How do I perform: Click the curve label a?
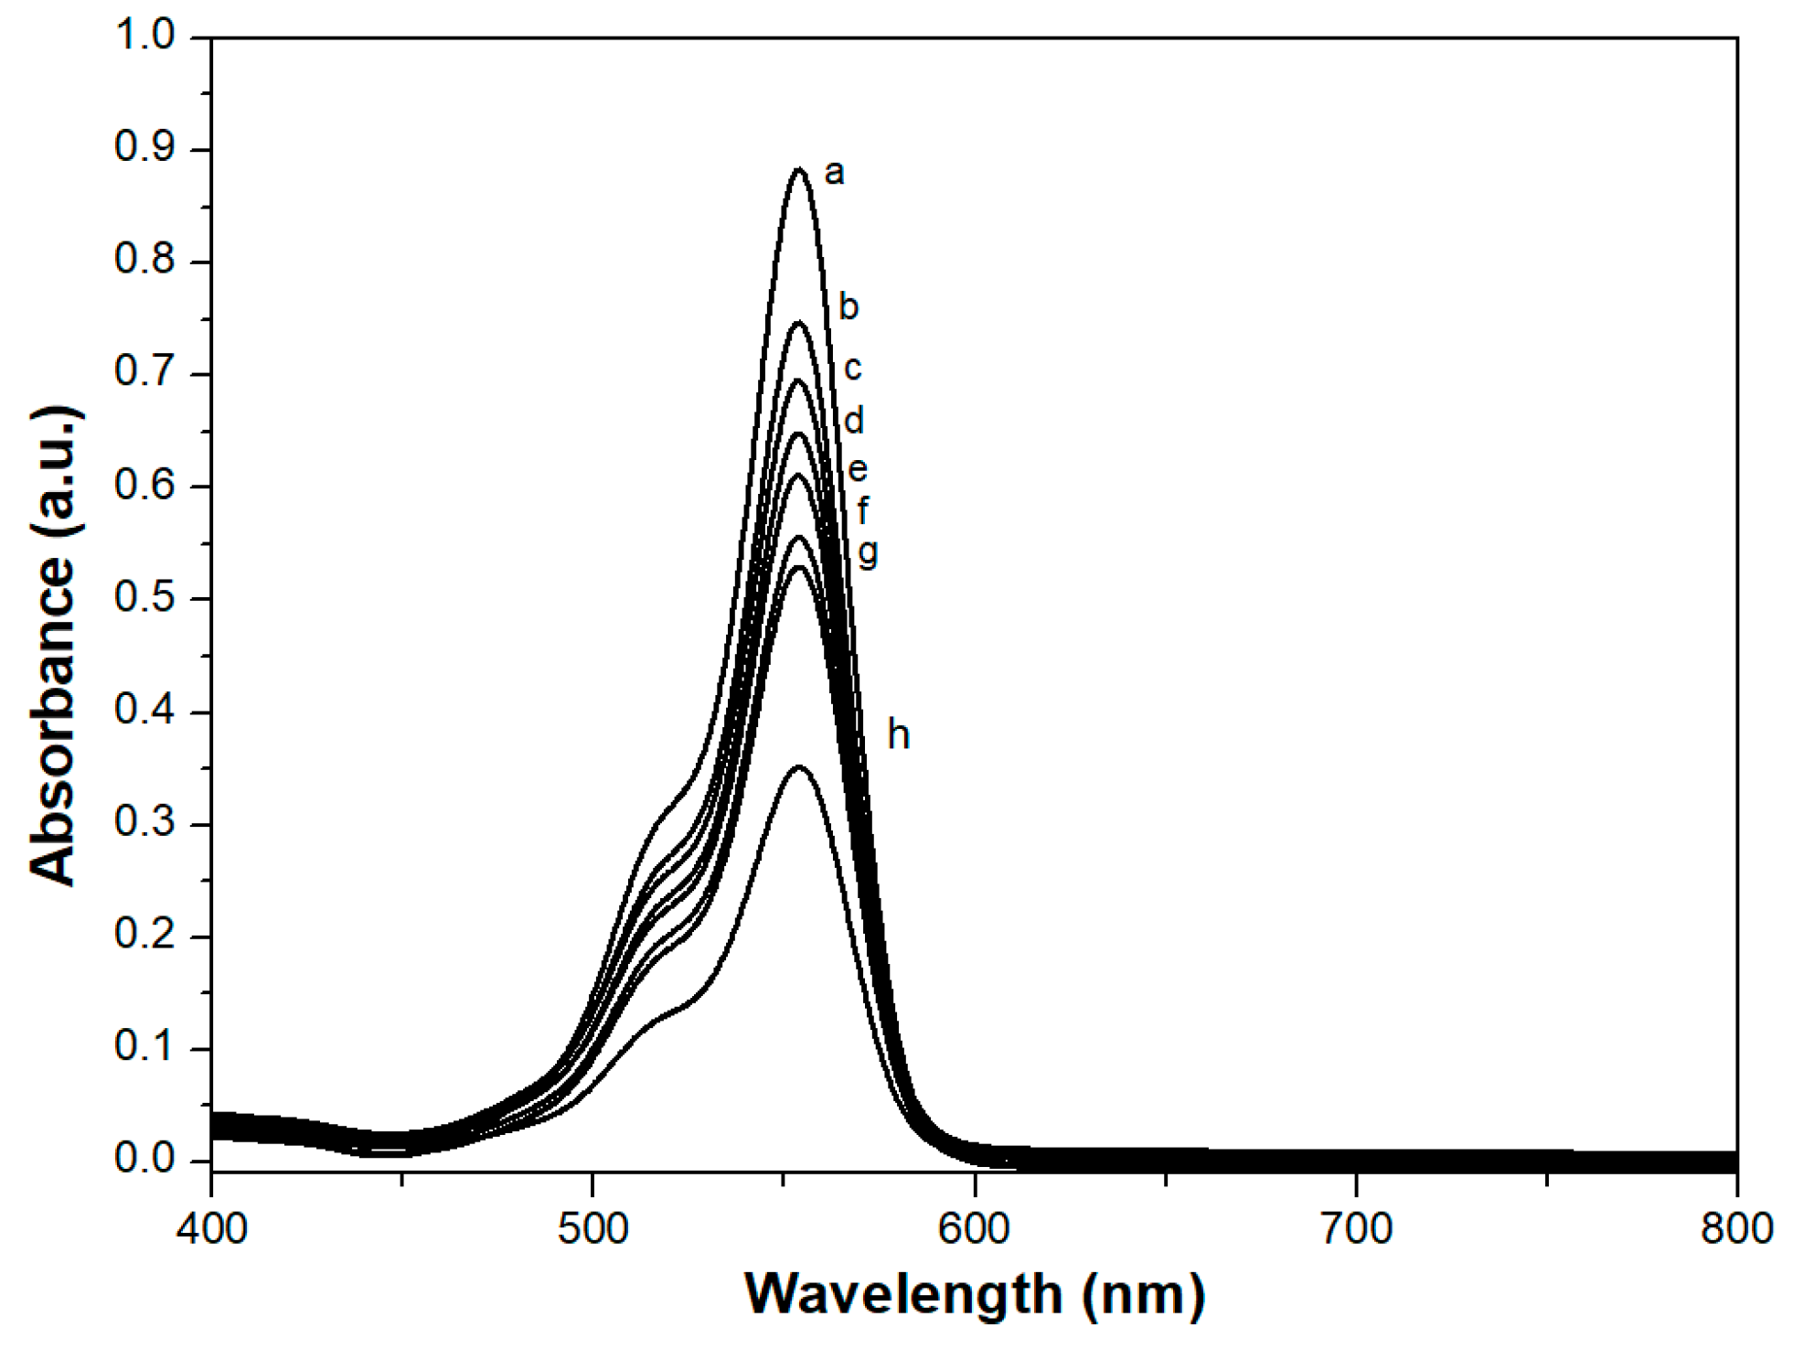click(834, 173)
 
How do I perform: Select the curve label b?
click(849, 306)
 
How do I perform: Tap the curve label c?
click(852, 369)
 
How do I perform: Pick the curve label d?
click(854, 421)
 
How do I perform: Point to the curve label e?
click(857, 470)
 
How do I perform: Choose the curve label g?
click(869, 552)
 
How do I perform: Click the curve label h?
click(899, 735)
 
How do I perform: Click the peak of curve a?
click(799, 169)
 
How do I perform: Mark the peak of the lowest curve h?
click(800, 766)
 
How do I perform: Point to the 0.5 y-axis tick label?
click(144, 598)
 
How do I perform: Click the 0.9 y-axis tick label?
click(144, 148)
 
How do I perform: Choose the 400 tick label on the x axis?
click(212, 1228)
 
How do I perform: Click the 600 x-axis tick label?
click(975, 1228)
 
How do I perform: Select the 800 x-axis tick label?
click(1736, 1228)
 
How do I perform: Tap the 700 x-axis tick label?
click(1357, 1228)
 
